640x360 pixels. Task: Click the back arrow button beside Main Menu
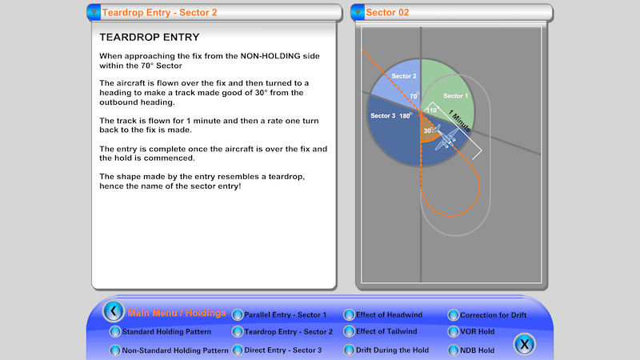tap(114, 311)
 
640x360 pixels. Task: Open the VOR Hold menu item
tap(477, 331)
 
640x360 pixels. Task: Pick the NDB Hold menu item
tap(477, 350)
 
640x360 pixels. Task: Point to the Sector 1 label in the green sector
tap(455, 94)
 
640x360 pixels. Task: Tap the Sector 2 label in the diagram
tap(403, 76)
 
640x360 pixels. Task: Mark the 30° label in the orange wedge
tap(428, 130)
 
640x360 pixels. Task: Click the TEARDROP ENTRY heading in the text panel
tap(149, 37)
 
